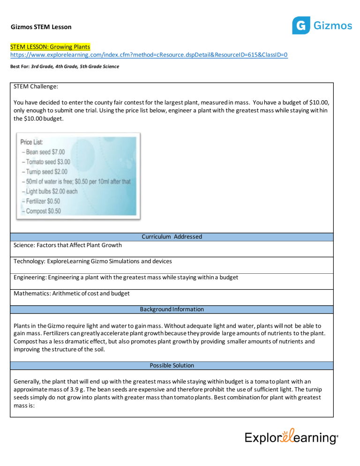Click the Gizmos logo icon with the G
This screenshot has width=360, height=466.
click(x=300, y=25)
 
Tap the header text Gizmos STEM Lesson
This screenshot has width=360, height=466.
click(x=41, y=27)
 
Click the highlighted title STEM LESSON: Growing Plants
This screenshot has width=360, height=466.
click(x=51, y=47)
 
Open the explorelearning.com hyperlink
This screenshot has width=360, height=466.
click(x=149, y=55)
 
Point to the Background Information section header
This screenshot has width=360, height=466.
click(x=172, y=309)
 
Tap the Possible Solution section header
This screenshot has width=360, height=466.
click(x=172, y=365)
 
